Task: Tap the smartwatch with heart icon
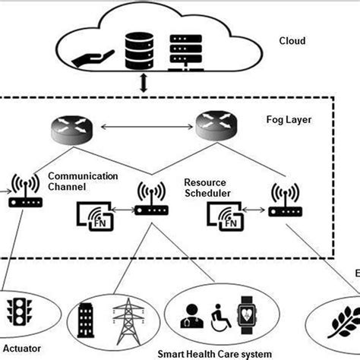247,314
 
